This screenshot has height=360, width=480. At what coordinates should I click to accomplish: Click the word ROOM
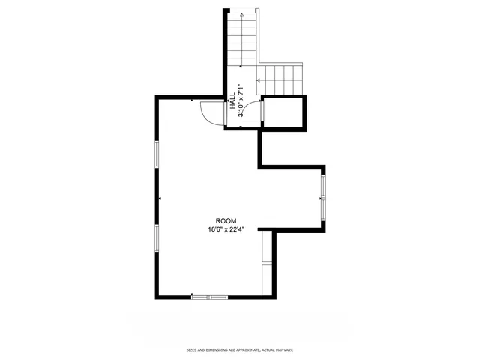[226, 220]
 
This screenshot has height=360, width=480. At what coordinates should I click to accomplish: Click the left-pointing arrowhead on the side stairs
[259, 78]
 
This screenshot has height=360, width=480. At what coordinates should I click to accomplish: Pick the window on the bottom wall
[208, 297]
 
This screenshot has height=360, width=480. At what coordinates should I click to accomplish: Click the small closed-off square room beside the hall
[285, 112]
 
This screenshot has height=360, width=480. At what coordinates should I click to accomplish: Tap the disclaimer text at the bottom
[240, 350]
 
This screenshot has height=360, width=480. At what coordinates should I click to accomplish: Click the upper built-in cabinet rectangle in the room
[266, 247]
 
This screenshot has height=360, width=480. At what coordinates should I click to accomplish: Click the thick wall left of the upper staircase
[225, 52]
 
